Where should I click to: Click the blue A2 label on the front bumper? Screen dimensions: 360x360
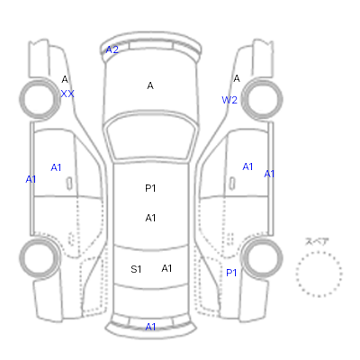pyautogui.click(x=112, y=49)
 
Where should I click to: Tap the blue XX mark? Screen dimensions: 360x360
pyautogui.click(x=67, y=94)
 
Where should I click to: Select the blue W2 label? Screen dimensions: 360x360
pyautogui.click(x=229, y=100)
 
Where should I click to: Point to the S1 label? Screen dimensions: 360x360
pyautogui.click(x=136, y=269)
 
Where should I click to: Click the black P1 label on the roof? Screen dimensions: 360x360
pyautogui.click(x=150, y=188)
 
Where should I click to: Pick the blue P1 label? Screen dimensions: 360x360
pyautogui.click(x=231, y=273)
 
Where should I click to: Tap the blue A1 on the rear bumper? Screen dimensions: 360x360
pyautogui.click(x=150, y=327)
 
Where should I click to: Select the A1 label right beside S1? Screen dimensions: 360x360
pyautogui.click(x=166, y=268)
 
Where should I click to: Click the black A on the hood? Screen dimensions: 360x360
pyautogui.click(x=150, y=85)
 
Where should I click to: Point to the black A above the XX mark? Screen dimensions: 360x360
pyautogui.click(x=65, y=79)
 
